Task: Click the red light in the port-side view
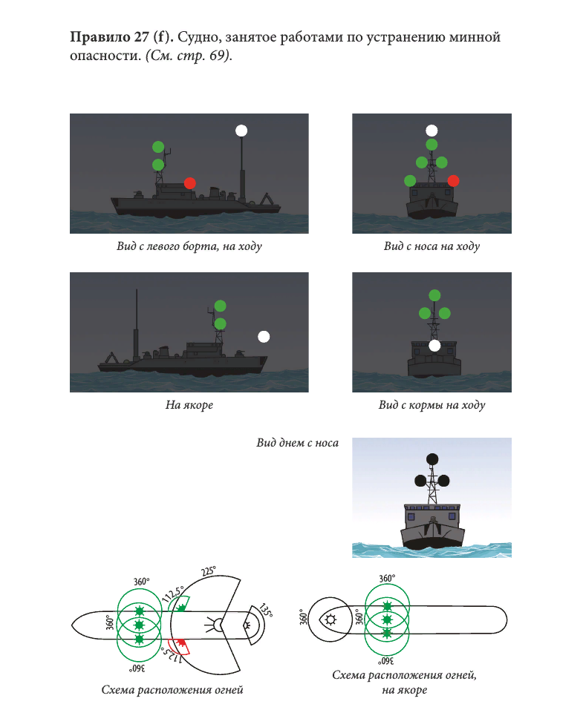pos(190,183)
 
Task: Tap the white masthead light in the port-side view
pos(241,131)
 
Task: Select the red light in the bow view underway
pos(453,181)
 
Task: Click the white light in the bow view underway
pos(431,131)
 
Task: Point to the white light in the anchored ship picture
pos(264,337)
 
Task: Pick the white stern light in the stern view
pos(434,346)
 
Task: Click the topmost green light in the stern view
pos(434,295)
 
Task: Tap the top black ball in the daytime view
pos(432,459)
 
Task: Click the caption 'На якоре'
pos(189,404)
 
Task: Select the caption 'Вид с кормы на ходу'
pos(431,404)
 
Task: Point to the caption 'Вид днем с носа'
pos(297,443)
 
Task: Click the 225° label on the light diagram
pos(209,571)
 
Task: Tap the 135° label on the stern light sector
pos(266,610)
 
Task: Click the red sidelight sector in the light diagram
pos(179,645)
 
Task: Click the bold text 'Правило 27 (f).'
pos(121,37)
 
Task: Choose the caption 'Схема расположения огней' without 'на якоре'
pos(172,689)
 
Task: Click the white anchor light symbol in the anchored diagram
pos(331,619)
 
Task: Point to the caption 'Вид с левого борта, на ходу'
pos(189,246)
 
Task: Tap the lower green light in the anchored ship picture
pos(221,323)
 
